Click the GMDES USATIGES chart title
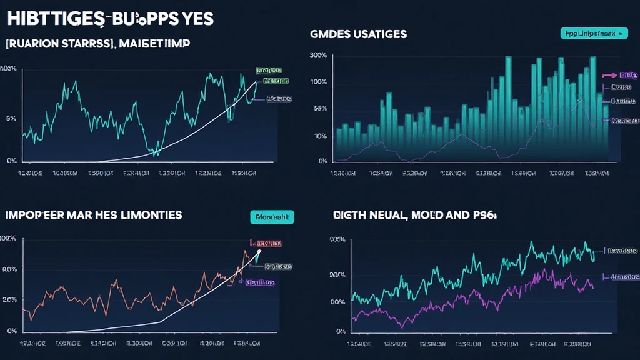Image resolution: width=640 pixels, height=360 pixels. pyautogui.click(x=358, y=34)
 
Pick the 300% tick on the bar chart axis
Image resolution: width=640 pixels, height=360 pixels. pyautogui.click(x=318, y=55)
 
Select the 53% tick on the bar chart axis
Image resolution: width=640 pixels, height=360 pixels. pyautogui.click(x=320, y=109)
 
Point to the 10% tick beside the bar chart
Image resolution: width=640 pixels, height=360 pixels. pyautogui.click(x=320, y=136)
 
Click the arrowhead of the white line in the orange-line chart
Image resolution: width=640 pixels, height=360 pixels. pyautogui.click(x=259, y=248)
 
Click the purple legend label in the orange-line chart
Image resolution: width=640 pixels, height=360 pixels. pyautogui.click(x=259, y=282)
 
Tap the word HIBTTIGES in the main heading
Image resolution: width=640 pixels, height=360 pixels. pyautogui.click(x=49, y=19)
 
